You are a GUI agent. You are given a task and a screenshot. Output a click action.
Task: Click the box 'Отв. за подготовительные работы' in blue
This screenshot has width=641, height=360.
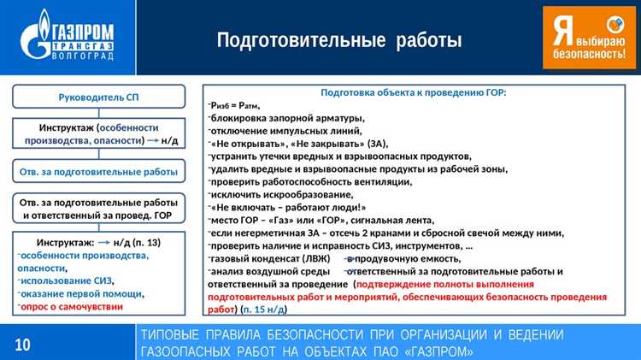click(x=98, y=172)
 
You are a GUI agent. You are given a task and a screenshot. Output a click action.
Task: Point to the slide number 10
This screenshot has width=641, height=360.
click(x=22, y=344)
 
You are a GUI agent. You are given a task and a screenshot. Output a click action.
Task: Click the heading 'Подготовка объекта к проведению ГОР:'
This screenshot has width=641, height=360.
click(x=413, y=92)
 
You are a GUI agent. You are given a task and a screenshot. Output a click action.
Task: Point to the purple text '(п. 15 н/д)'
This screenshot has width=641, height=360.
click(x=263, y=309)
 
